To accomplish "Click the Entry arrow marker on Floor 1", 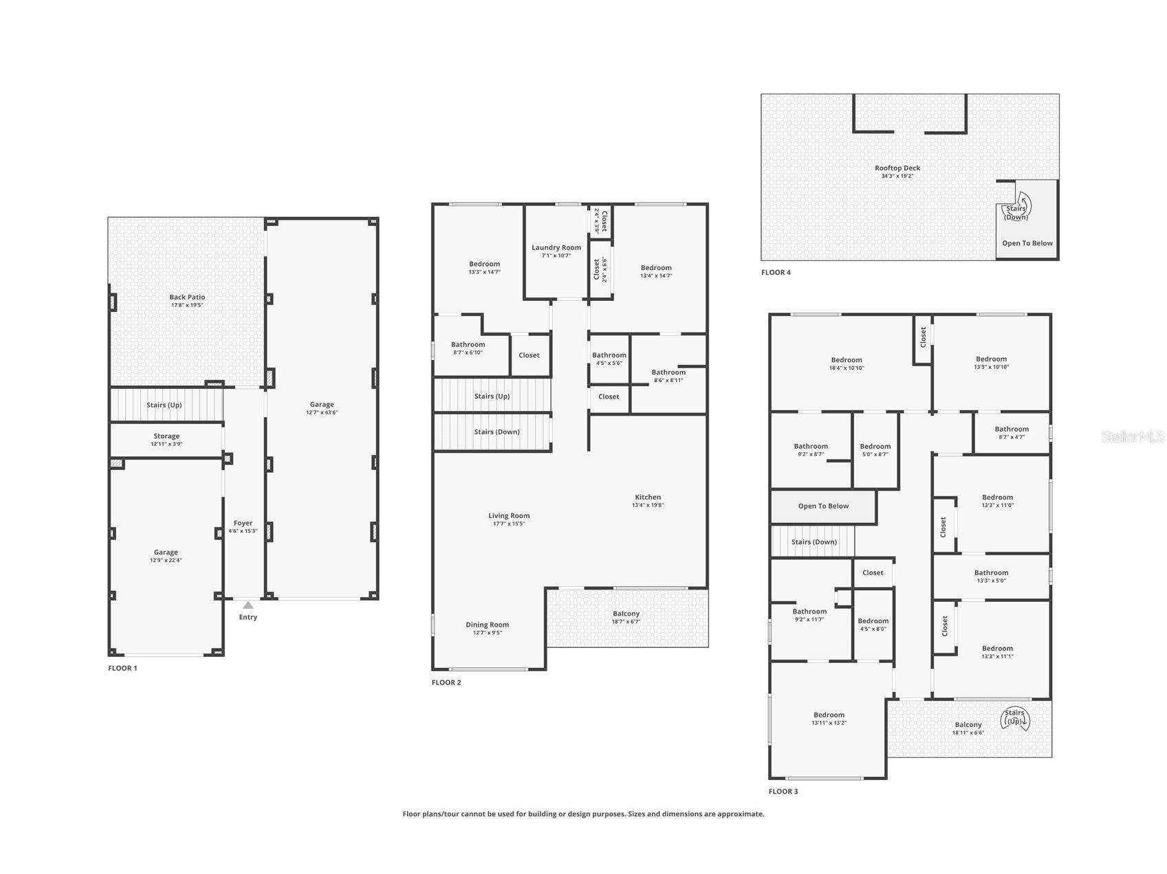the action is (248, 605).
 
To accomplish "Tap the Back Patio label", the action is (187, 297).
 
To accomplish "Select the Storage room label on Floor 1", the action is (166, 436).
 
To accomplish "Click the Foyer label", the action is (243, 523).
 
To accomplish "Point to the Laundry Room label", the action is (556, 247).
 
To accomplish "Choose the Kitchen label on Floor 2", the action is (648, 497).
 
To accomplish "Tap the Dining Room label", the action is (488, 625).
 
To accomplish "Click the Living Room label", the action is (509, 515).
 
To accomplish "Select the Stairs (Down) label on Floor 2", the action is (497, 432).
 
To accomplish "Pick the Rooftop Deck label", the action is (897, 168).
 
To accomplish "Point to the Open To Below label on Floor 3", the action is (823, 506).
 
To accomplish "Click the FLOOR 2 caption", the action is (446, 682).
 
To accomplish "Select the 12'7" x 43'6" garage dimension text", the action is (322, 412).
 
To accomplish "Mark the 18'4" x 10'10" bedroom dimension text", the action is (847, 368).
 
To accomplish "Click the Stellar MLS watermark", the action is (1133, 436).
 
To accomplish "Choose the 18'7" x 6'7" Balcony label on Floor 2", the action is (626, 617).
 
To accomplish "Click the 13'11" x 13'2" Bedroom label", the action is (829, 718).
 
